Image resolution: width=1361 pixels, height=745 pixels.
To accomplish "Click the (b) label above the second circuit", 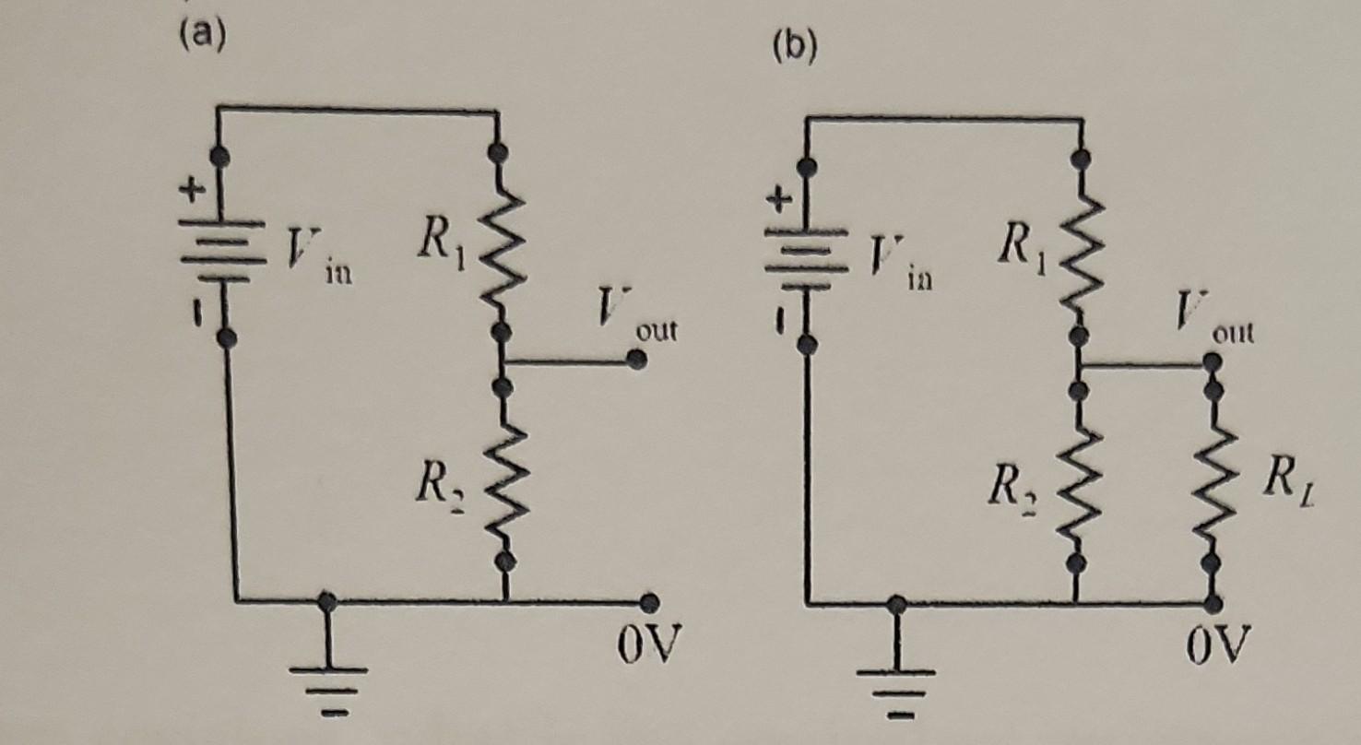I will pos(795,48).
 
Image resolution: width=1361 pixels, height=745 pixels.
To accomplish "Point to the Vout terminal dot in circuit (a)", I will pos(633,362).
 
